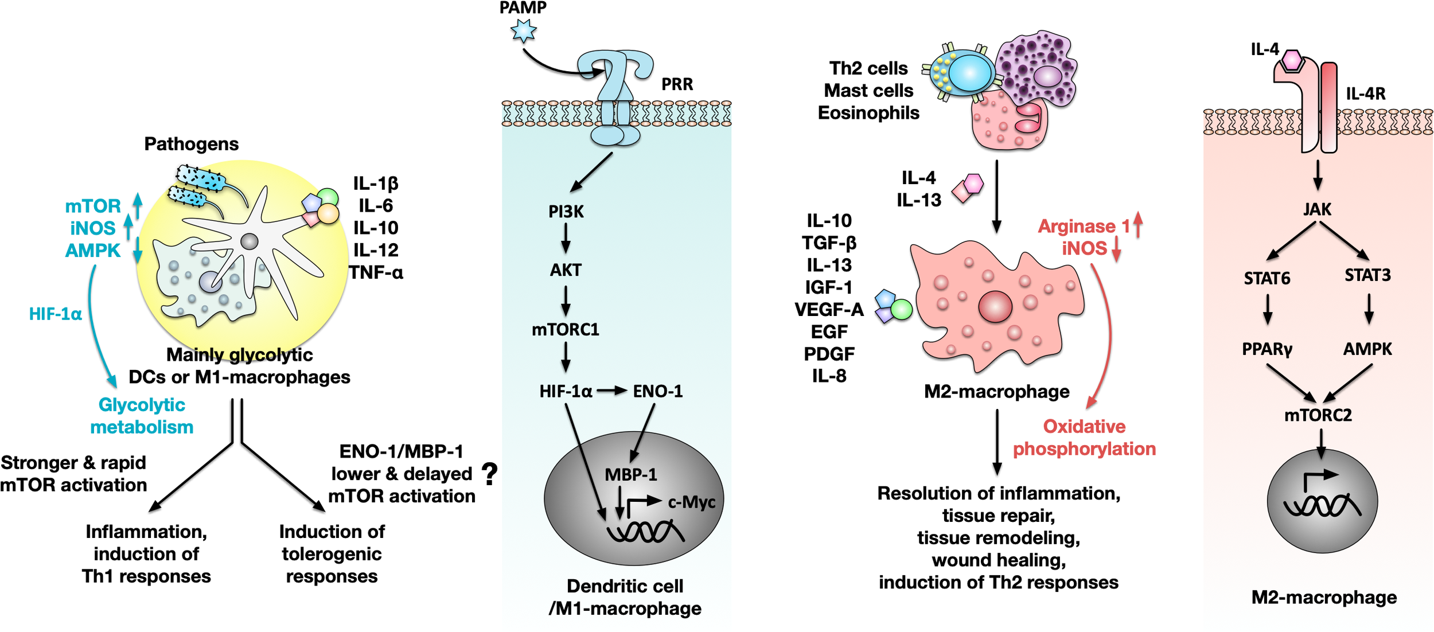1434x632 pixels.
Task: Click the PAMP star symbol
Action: (523, 30)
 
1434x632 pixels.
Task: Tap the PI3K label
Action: (566, 212)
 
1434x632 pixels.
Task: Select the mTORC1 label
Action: (566, 329)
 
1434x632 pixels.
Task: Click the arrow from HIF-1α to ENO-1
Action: (612, 391)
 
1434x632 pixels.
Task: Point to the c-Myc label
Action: (692, 502)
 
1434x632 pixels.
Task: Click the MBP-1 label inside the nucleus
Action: (631, 474)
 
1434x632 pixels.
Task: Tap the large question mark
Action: (489, 474)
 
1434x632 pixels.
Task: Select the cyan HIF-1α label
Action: (56, 314)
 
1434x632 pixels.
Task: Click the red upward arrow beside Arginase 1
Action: (1139, 224)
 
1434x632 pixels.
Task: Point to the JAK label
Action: (1317, 209)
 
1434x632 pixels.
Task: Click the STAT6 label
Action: (1267, 279)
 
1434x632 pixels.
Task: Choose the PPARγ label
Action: (1267, 349)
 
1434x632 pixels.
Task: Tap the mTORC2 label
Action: (1318, 415)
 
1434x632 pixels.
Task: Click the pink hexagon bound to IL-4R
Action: (1292, 60)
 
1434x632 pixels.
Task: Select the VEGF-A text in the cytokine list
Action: (829, 310)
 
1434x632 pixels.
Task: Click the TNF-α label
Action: (376, 272)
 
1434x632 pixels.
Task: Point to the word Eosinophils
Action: (868, 113)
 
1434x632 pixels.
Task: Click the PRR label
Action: (677, 84)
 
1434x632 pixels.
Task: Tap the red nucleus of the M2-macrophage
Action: (995, 306)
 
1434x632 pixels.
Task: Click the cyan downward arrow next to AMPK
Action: (138, 250)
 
